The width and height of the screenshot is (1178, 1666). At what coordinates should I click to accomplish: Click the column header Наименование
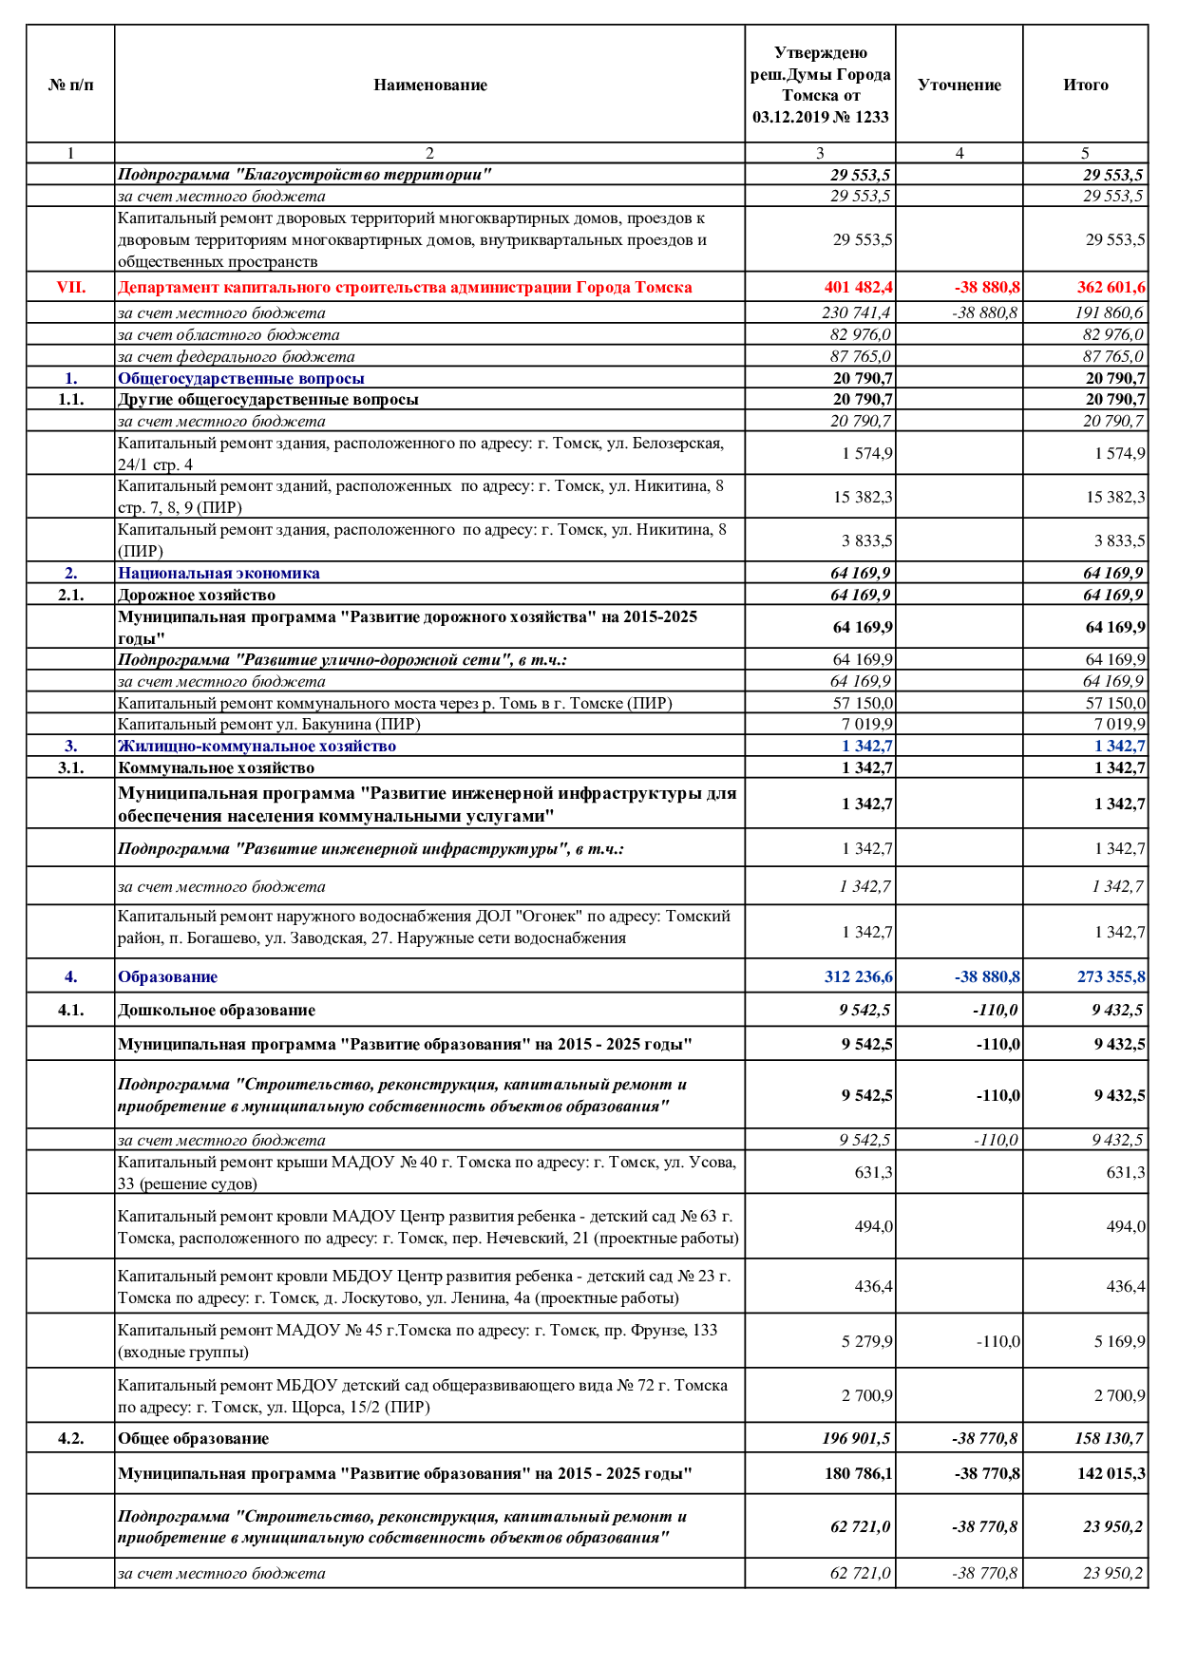pos(429,85)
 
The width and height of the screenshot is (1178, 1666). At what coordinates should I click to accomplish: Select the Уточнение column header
pos(959,85)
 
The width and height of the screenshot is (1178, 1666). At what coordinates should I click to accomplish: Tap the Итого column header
pos(1085,85)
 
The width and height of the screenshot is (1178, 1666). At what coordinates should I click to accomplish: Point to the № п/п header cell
pos(70,85)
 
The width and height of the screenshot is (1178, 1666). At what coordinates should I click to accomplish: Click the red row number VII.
pos(70,287)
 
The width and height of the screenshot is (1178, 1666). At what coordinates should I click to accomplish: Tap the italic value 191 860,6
pos(1110,312)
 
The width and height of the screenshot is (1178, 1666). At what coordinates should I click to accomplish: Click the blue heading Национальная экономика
pos(218,573)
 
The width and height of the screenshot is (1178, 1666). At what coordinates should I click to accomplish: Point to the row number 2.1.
pos(70,595)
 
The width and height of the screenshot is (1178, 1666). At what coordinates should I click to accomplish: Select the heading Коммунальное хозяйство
pos(216,767)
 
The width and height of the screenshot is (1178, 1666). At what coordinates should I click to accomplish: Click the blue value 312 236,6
pos(858,976)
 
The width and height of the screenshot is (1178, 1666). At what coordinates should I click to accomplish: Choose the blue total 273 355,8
pos(1111,976)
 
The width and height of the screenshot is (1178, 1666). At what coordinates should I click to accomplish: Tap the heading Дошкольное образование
pos(217,1010)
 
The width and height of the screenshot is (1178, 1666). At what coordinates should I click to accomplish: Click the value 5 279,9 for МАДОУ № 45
pos(866,1341)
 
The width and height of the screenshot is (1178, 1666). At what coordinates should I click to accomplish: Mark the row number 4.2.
pos(70,1438)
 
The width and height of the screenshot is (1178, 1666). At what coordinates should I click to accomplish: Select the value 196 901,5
pos(856,1438)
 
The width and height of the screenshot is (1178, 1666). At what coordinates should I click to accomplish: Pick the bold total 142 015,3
pos(1111,1473)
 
